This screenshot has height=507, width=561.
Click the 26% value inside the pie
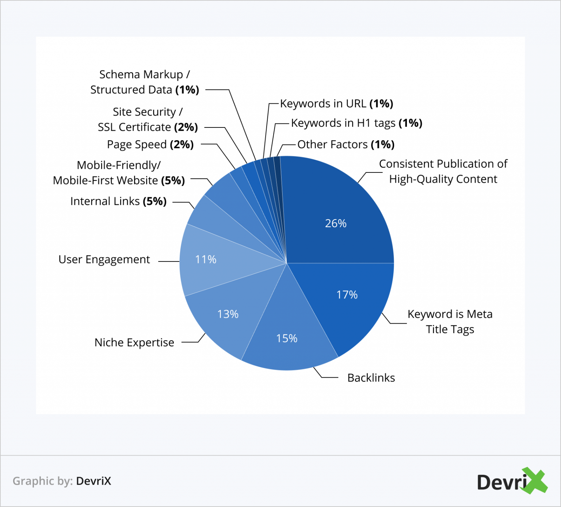(336, 223)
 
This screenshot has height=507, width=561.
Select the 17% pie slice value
(347, 294)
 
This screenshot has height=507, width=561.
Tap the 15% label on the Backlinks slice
(287, 338)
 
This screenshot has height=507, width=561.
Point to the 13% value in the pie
(228, 314)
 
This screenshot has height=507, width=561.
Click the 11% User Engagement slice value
(206, 259)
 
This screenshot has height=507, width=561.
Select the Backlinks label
(371, 378)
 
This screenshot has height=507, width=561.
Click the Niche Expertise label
(134, 343)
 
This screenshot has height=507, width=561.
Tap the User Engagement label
(104, 259)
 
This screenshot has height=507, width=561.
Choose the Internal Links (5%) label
(118, 201)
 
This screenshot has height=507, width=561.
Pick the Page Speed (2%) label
(150, 144)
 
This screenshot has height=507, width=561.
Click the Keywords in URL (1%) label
(336, 104)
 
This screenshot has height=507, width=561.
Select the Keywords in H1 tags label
(356, 123)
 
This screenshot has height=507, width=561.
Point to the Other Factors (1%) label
(346, 145)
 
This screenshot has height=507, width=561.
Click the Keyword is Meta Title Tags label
(450, 321)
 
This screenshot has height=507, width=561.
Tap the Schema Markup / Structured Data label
(145, 82)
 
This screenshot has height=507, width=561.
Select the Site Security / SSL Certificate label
(148, 119)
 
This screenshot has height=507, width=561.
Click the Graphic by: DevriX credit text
(62, 481)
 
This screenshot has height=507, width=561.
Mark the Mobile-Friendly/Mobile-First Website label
(119, 173)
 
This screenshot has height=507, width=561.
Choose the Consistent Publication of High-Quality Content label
(443, 171)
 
